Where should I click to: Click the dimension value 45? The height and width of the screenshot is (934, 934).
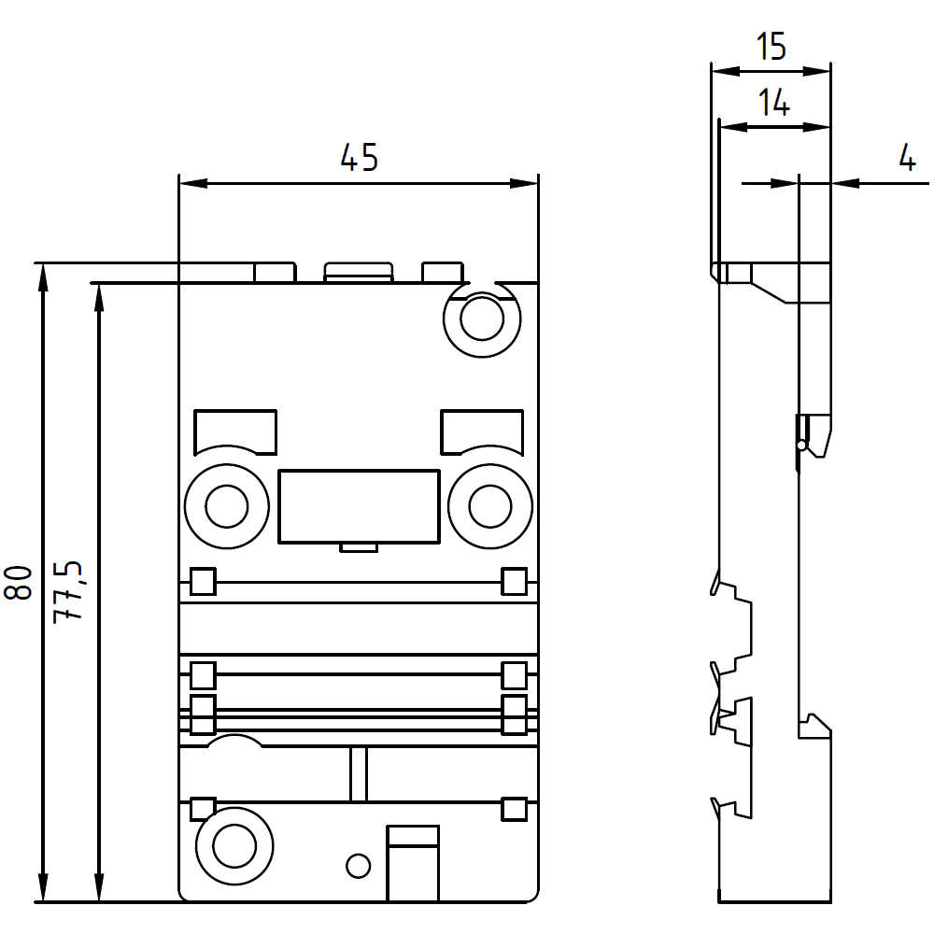(x=359, y=158)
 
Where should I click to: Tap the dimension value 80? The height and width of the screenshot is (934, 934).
(x=20, y=582)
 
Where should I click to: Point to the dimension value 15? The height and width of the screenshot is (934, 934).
(x=771, y=47)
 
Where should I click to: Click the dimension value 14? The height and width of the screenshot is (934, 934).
(x=773, y=104)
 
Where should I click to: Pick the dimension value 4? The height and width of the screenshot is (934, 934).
(x=907, y=159)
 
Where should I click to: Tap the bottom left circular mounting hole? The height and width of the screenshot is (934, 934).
(x=233, y=845)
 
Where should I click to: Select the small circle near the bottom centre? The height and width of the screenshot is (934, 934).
(x=358, y=866)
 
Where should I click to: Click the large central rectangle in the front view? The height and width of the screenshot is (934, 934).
(x=359, y=505)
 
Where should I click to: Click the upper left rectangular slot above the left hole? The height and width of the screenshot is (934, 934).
(x=234, y=432)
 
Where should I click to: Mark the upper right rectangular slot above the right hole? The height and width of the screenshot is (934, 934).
(x=482, y=431)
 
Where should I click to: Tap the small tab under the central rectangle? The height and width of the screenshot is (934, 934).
(x=359, y=547)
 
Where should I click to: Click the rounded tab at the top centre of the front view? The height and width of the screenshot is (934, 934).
(x=358, y=272)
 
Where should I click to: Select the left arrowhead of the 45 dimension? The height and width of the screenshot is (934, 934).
(x=187, y=184)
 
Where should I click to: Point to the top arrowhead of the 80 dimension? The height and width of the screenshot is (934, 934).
(x=42, y=273)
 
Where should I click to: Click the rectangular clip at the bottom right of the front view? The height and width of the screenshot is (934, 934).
(x=413, y=864)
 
